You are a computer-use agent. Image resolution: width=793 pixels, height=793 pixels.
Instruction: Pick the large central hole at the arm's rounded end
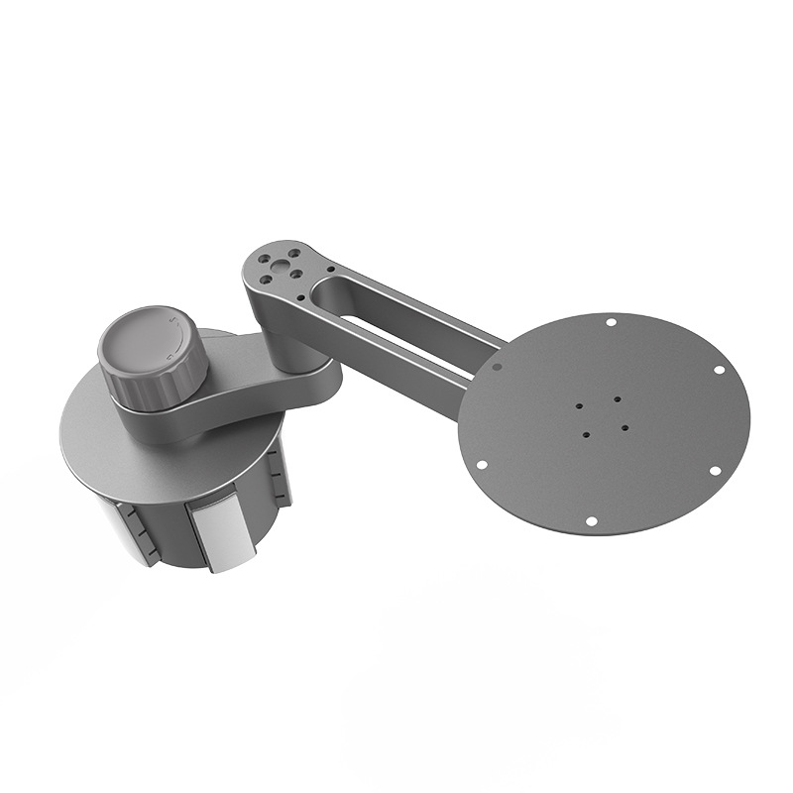coord(279,265)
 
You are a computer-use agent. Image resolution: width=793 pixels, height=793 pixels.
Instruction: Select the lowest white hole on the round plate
coord(591,520)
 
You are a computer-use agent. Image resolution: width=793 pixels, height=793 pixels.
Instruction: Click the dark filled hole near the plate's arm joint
coord(497,366)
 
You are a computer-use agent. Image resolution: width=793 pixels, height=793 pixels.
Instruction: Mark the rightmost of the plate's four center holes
coord(625,427)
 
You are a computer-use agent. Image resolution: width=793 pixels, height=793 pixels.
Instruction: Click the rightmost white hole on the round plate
coord(719,370)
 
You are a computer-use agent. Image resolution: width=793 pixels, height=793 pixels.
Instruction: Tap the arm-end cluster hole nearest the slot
coord(294,273)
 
